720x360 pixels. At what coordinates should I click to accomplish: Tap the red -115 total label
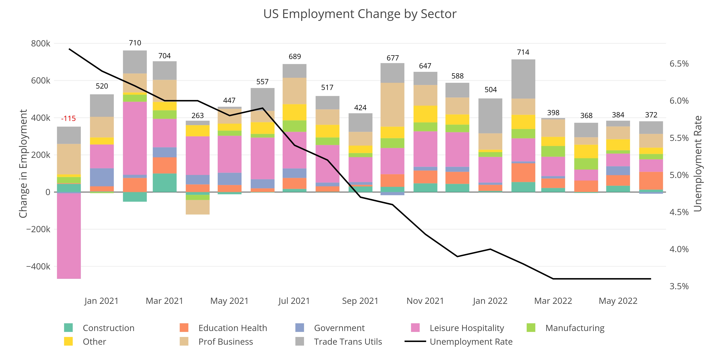pyautogui.click(x=68, y=118)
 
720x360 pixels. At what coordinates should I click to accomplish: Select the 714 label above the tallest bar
pyautogui.click(x=523, y=52)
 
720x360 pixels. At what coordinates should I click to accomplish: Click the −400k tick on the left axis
pyautogui.click(x=38, y=266)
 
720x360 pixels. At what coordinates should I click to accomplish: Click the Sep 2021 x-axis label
pyautogui.click(x=360, y=301)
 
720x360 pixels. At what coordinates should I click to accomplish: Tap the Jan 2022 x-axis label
pyautogui.click(x=490, y=301)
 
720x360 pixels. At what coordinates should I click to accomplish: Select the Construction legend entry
pyautogui.click(x=108, y=328)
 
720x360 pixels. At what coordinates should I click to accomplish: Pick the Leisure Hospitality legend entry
pyautogui.click(x=467, y=328)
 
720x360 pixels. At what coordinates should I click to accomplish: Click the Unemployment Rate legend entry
pyautogui.click(x=471, y=342)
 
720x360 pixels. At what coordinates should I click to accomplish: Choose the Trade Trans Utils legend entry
pyautogui.click(x=348, y=342)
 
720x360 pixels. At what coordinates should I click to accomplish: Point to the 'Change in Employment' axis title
pyautogui.click(x=23, y=163)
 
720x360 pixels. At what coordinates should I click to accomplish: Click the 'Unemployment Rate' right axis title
pyautogui.click(x=698, y=163)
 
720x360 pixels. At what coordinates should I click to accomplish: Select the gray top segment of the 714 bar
pyautogui.click(x=523, y=79)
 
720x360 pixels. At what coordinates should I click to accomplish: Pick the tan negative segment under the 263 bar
pyautogui.click(x=198, y=207)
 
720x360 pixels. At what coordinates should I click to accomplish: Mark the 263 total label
pyautogui.click(x=198, y=115)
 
